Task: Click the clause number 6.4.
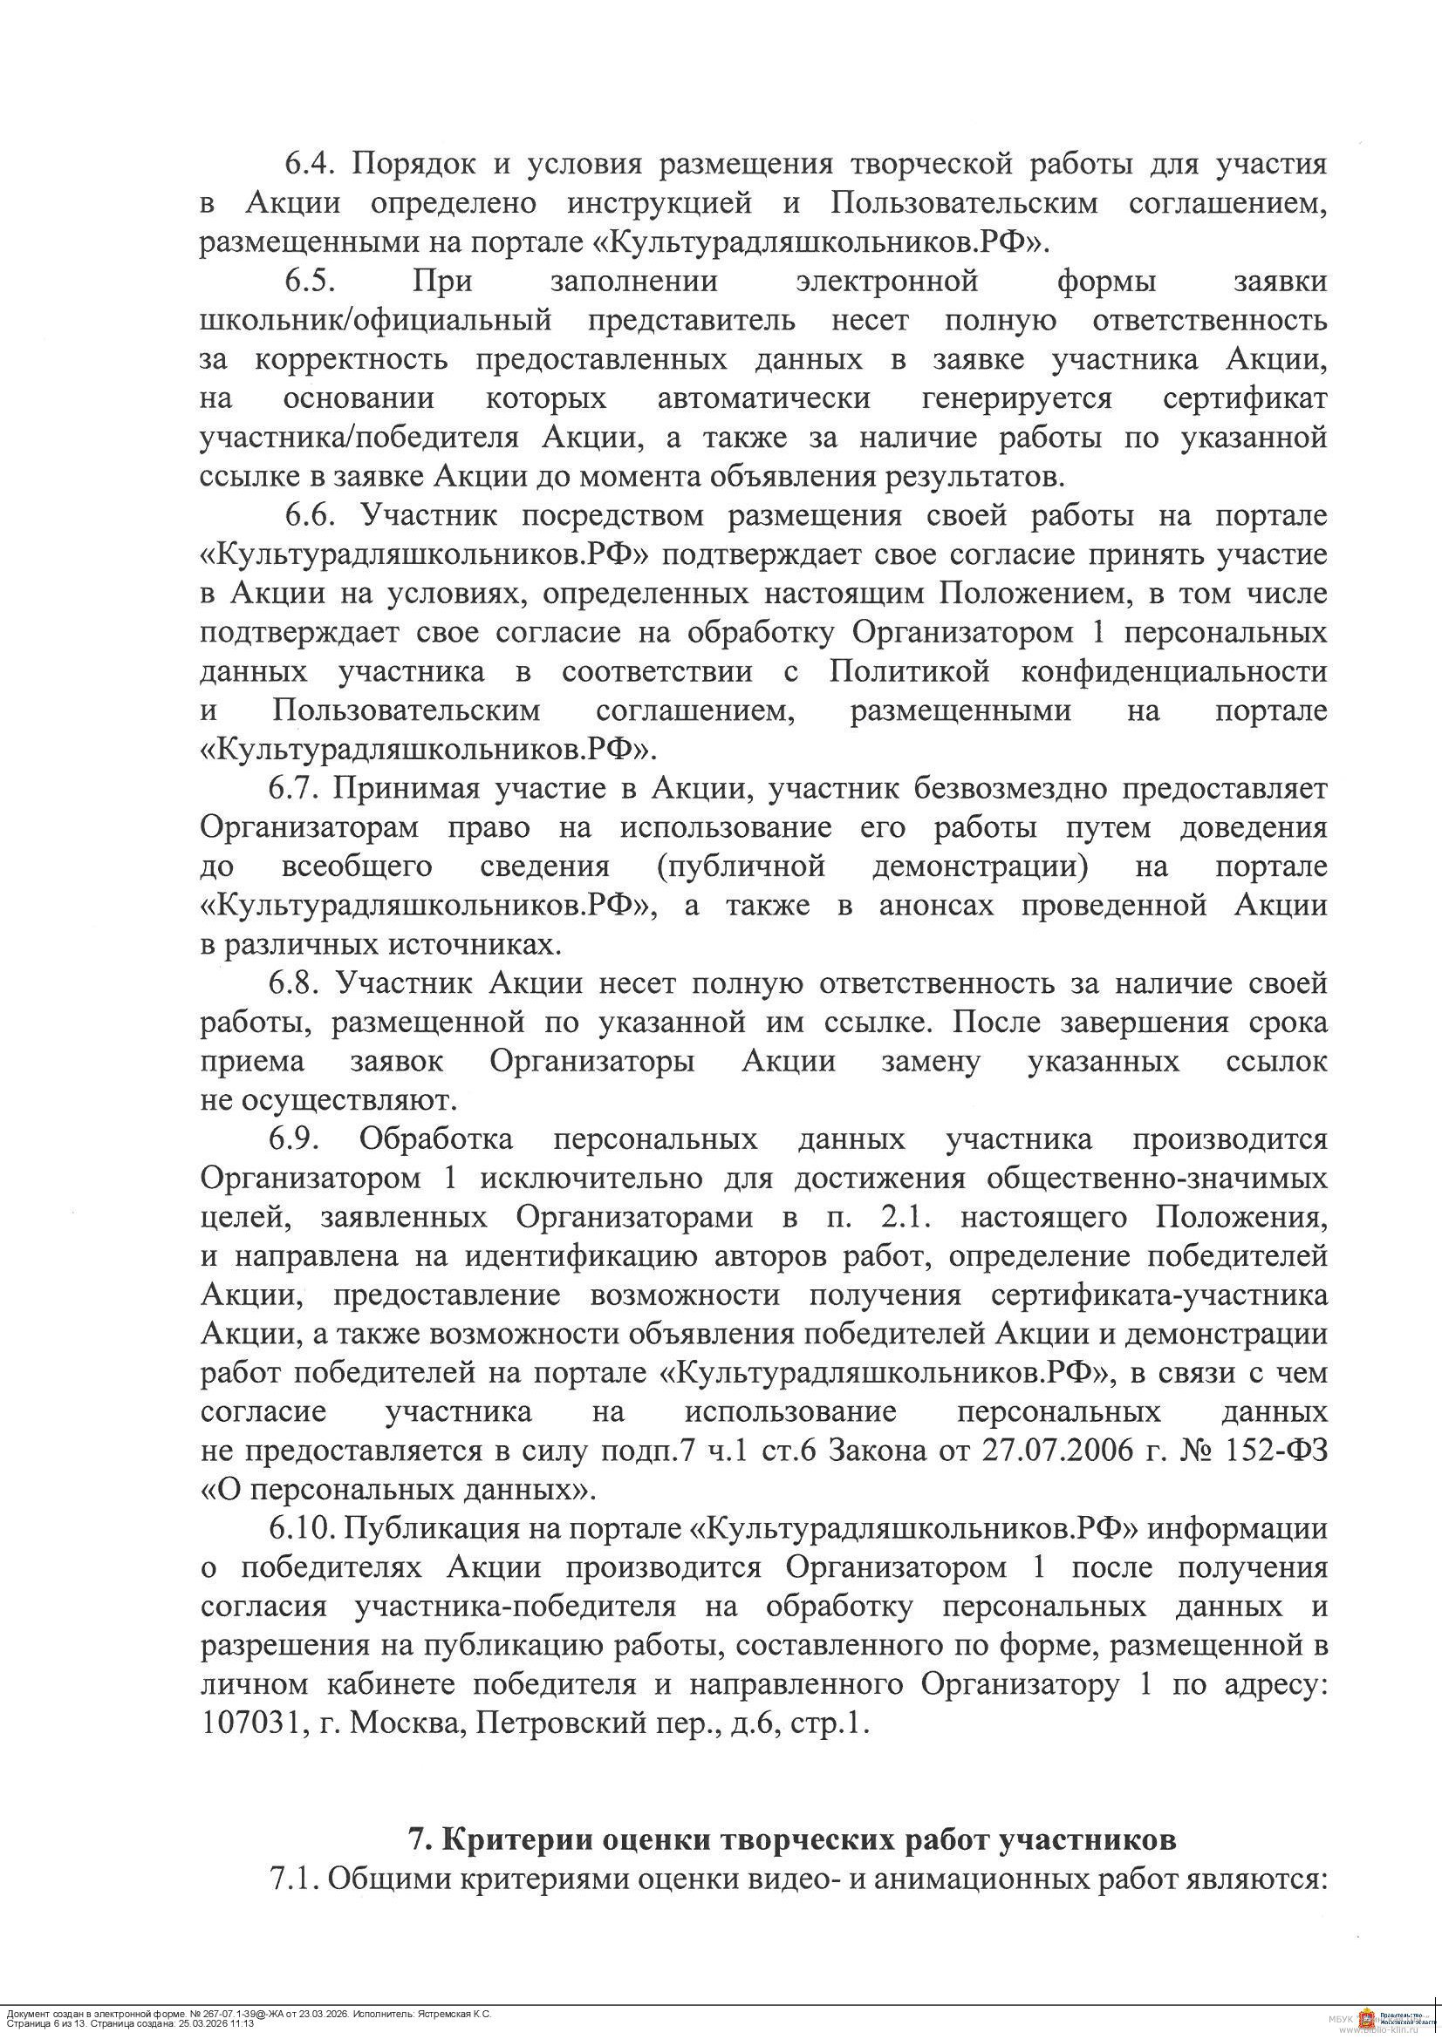click(306, 164)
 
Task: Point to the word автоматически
click(764, 398)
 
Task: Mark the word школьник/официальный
click(376, 321)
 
